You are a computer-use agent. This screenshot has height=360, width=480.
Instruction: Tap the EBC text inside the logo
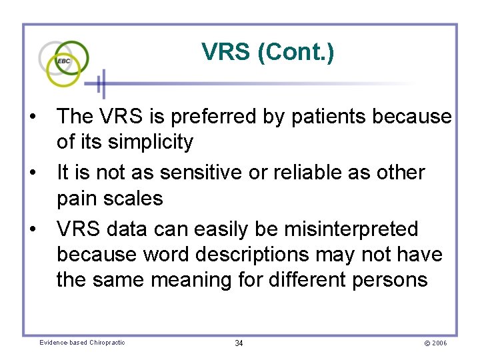click(x=64, y=61)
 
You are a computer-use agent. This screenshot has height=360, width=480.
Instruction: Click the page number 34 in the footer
click(x=239, y=343)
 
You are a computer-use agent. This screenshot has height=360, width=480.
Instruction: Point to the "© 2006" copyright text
click(x=435, y=343)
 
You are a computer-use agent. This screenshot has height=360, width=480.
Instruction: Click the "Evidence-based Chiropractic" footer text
click(x=82, y=343)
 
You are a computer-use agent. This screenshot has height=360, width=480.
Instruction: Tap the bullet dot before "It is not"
click(x=33, y=173)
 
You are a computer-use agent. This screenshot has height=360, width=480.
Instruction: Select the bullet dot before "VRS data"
click(x=33, y=229)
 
